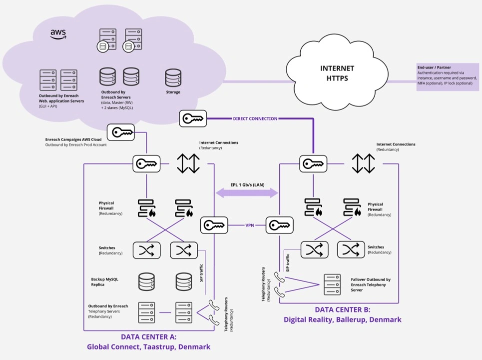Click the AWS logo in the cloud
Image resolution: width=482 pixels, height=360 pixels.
coord(58,34)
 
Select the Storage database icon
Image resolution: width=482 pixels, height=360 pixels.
coord(173,77)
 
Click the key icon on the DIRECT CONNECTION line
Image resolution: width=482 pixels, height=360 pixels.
coord(192,118)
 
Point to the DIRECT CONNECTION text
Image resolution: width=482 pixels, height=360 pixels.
coord(255,118)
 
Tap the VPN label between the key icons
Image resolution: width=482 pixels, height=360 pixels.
coord(250,225)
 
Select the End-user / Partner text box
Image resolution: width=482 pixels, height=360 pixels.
coord(447,75)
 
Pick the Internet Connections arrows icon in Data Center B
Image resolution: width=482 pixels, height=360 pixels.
coord(363,163)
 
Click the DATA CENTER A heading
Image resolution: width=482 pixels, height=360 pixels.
coord(148,336)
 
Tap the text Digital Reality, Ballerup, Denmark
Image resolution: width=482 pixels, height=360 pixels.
coord(342,319)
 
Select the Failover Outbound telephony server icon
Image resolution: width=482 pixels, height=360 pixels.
coord(332,283)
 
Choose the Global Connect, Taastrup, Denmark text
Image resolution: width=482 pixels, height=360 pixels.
coord(148,346)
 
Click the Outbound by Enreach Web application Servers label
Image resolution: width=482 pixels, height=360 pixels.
coord(61,100)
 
